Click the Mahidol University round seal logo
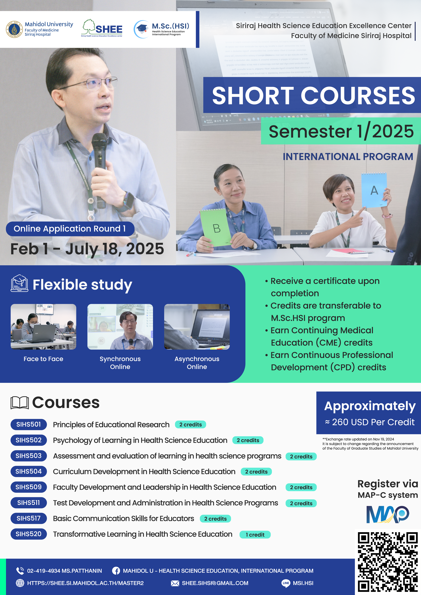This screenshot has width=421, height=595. coord(14,29)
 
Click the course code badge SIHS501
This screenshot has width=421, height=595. coord(29,424)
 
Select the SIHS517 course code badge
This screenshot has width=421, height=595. coord(29,518)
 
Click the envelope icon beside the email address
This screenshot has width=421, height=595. coord(175,583)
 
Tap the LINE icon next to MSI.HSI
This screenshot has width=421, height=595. coord(286,583)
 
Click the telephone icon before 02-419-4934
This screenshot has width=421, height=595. coord(20,571)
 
